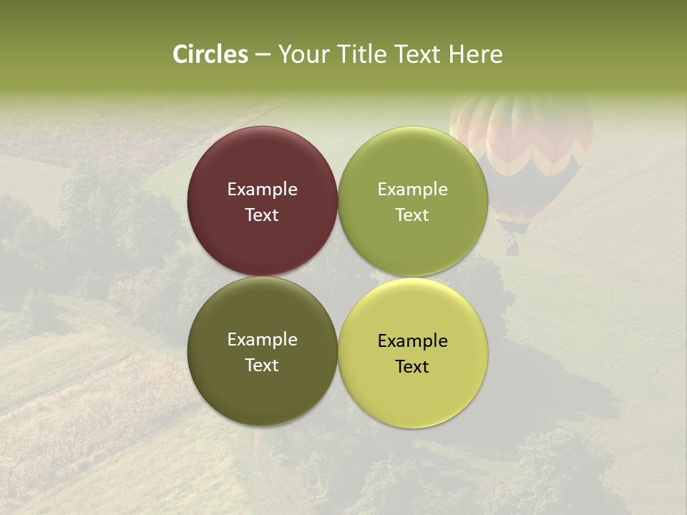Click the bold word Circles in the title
(x=210, y=54)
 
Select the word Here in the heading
(x=475, y=54)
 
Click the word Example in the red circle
(x=263, y=190)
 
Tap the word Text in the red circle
(x=263, y=215)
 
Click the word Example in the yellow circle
(x=413, y=341)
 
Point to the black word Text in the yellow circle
(x=413, y=367)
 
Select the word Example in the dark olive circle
(x=263, y=340)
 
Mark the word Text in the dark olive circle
(x=263, y=366)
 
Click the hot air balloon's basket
(x=512, y=247)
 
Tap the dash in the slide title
(x=263, y=54)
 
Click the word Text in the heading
(x=419, y=54)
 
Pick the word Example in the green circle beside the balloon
(x=413, y=190)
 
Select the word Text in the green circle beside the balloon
(x=413, y=215)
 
